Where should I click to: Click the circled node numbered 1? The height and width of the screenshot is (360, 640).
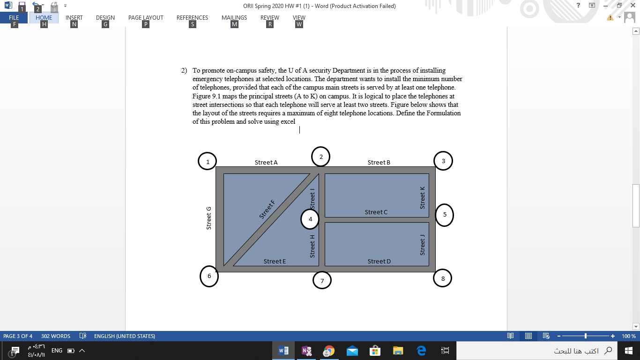pos(207,162)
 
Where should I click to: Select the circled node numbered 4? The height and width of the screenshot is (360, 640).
pos(310,218)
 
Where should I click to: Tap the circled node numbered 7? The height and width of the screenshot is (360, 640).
pos(322,281)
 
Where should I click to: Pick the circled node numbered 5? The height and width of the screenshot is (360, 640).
pos(444,215)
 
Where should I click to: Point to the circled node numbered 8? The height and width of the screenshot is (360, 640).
pos(443,278)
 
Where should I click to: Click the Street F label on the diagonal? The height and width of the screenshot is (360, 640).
pos(267,209)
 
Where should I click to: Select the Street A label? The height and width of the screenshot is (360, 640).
pos(266,162)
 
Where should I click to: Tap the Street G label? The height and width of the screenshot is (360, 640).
pos(209,218)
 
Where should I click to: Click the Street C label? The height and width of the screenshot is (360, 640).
pos(376,212)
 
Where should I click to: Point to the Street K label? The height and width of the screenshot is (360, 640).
pos(423,198)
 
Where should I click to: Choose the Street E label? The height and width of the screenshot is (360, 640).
pos(275,261)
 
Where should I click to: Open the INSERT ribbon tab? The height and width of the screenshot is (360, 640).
pos(74,18)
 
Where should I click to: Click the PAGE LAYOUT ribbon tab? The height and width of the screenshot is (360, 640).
pos(146,18)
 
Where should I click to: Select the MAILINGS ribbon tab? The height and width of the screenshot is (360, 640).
pos(234,18)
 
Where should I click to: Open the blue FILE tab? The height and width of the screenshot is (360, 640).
pos(14,18)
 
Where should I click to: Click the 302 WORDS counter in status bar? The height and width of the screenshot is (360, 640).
pos(56,336)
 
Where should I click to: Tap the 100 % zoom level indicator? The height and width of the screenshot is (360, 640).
pos(628,336)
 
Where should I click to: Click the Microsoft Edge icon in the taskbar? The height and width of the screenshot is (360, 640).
pos(421,351)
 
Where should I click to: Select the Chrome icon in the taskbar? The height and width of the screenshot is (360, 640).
pos(329,351)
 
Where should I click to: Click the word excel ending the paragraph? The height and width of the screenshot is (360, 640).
pos(288,122)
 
